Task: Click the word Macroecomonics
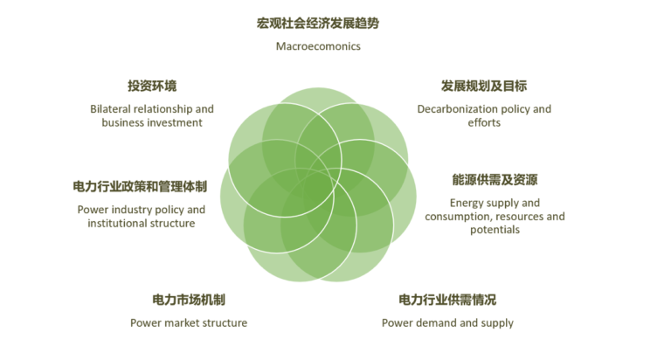click(x=318, y=46)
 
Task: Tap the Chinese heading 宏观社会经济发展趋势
click(x=318, y=23)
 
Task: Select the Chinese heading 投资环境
click(x=152, y=86)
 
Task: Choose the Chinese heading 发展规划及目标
click(x=484, y=86)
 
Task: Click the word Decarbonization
click(x=459, y=109)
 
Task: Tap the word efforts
click(x=484, y=123)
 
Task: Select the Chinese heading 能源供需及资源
click(x=495, y=180)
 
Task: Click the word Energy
click(x=467, y=204)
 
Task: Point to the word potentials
click(x=495, y=230)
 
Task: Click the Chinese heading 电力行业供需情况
click(x=447, y=300)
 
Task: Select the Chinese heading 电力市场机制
click(x=189, y=300)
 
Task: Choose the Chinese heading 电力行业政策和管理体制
click(x=140, y=187)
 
